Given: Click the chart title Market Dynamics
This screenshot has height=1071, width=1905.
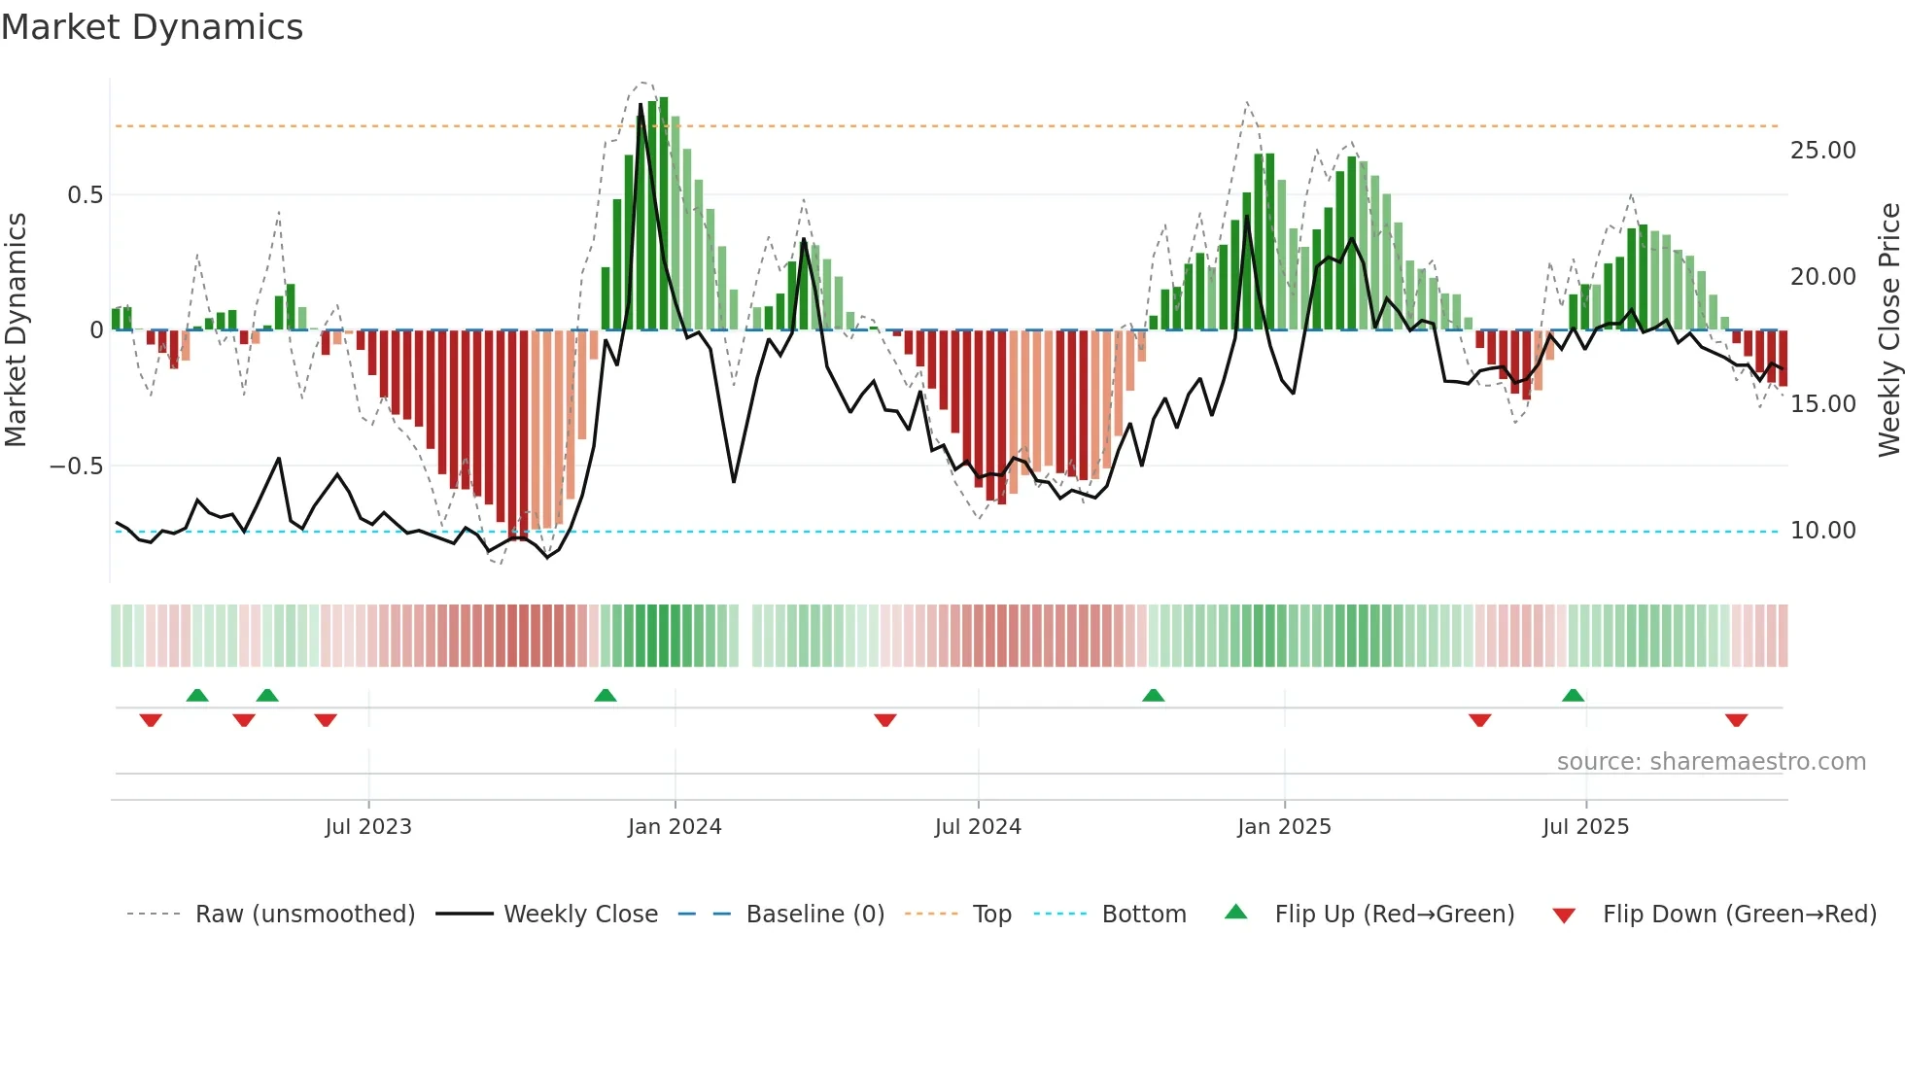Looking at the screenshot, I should pos(152,27).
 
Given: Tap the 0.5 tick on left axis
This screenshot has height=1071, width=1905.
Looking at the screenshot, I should pos(85,195).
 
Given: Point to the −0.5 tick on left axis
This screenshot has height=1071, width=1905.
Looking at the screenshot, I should pos(76,466).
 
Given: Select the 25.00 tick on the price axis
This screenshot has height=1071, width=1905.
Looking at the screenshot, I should pos(1822,151).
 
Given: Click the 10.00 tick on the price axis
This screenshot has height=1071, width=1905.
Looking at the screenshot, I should pos(1822,531).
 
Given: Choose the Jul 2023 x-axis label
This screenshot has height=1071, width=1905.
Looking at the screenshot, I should pos(368,827).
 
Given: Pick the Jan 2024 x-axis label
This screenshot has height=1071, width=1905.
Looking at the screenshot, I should pos(675,827).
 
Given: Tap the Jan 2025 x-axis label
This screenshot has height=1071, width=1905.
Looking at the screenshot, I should pos(1284,827).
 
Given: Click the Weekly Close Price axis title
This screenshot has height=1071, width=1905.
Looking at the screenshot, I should pos(1888,330).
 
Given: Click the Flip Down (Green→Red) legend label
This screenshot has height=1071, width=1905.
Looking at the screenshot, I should pos(1739,915).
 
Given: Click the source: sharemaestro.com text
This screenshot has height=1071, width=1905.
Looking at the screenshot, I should pos(1711,762).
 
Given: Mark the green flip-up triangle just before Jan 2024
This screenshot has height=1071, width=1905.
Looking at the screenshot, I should pos(606,695).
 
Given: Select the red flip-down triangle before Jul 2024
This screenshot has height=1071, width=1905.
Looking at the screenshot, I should pos(884,720).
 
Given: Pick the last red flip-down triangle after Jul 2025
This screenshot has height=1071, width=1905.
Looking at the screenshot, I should pos(1736,720).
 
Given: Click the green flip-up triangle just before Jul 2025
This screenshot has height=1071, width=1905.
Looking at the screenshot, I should pos(1573,695).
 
